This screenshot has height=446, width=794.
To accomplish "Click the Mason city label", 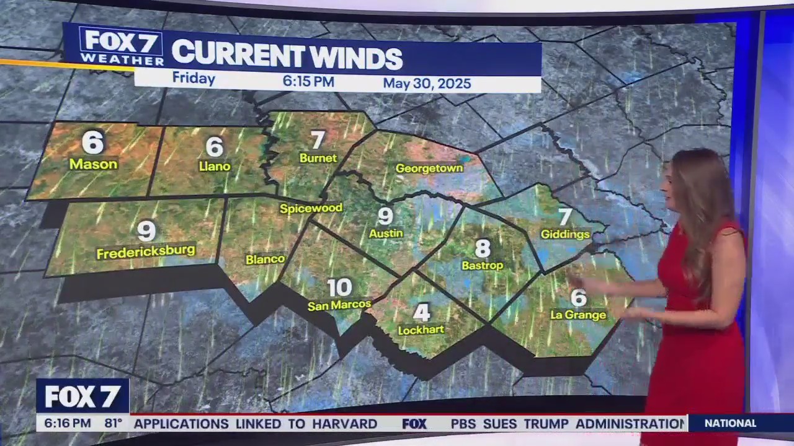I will click(x=93, y=164).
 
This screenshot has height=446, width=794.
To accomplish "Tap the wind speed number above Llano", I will click(x=214, y=147).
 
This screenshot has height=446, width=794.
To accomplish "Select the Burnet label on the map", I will click(x=318, y=158).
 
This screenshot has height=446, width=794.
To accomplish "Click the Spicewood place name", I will click(x=311, y=208).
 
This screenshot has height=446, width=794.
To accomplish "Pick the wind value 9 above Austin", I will click(x=385, y=216).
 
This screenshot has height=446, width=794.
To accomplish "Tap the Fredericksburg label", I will click(x=146, y=251).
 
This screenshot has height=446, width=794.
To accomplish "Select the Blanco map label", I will click(x=265, y=260).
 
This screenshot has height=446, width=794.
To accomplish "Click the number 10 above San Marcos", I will click(x=339, y=287).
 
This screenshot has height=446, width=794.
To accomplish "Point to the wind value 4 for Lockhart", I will click(x=421, y=313).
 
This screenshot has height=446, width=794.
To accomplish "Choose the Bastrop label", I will click(x=482, y=265).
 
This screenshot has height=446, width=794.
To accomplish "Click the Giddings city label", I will click(x=564, y=234).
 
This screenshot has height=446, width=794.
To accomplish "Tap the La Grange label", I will click(x=578, y=315).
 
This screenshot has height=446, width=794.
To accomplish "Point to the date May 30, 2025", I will click(x=427, y=84).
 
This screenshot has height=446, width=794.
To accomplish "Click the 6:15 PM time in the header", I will click(x=308, y=82).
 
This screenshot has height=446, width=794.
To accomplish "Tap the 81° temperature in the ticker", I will click(x=113, y=424).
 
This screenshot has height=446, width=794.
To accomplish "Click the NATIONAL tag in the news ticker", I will click(x=730, y=424).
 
